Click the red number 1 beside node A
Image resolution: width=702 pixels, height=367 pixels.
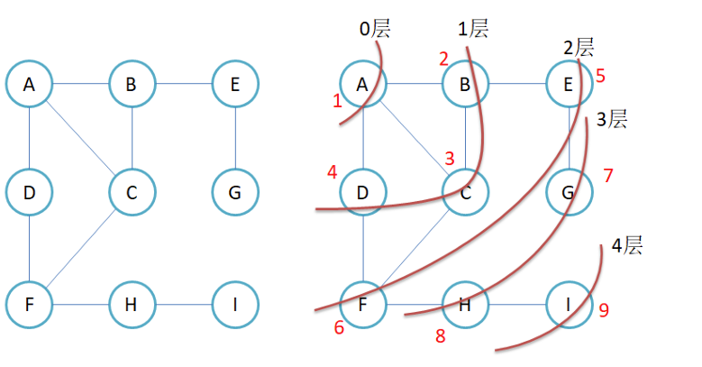[x=337, y=101]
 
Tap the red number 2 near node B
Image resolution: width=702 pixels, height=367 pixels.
[x=443, y=60]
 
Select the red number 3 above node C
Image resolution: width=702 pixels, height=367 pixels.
[x=449, y=158]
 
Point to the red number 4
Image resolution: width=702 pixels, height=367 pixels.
[x=333, y=171]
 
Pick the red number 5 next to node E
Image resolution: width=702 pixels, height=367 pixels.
[x=600, y=74]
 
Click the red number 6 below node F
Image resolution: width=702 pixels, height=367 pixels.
[x=339, y=327]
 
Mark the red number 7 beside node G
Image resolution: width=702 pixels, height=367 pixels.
[x=608, y=175]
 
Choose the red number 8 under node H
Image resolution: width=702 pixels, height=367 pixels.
[x=441, y=336]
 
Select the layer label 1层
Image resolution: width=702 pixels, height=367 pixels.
[x=473, y=29]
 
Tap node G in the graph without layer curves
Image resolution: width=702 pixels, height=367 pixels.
[x=235, y=193]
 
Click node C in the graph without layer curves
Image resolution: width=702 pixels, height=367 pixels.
[x=132, y=193]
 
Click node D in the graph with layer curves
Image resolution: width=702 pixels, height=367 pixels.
[x=362, y=193]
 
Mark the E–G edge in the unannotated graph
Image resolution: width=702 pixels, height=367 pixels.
[x=235, y=138]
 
